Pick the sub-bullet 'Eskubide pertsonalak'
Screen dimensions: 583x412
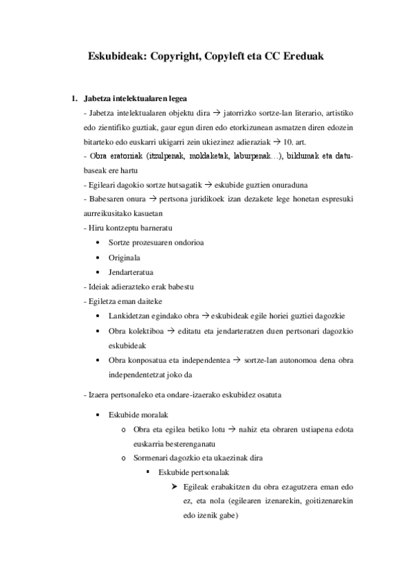click(194, 473)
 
